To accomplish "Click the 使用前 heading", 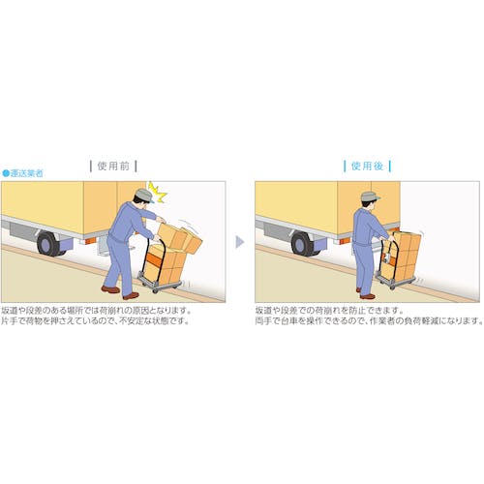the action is tap(113, 166).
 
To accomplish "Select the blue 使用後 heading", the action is tap(367, 166).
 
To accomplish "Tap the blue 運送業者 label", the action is tap(26, 173).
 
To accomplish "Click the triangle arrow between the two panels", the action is tap(239, 242).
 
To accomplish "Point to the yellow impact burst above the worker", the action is tap(157, 193).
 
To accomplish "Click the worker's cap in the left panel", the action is tap(144, 196).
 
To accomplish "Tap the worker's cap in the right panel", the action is tap(370, 197).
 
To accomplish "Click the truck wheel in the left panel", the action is tap(48, 244).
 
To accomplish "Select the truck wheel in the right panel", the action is tap(302, 244).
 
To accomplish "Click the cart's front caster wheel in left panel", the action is tap(155, 290).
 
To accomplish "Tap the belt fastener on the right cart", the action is tap(386, 257).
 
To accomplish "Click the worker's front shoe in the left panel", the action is tap(131, 295).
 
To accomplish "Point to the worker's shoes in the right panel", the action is tap(366, 293).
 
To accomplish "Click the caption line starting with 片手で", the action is tap(95, 321).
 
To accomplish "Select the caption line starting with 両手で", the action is tap(369, 321).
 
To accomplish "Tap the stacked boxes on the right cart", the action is tap(403, 256).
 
